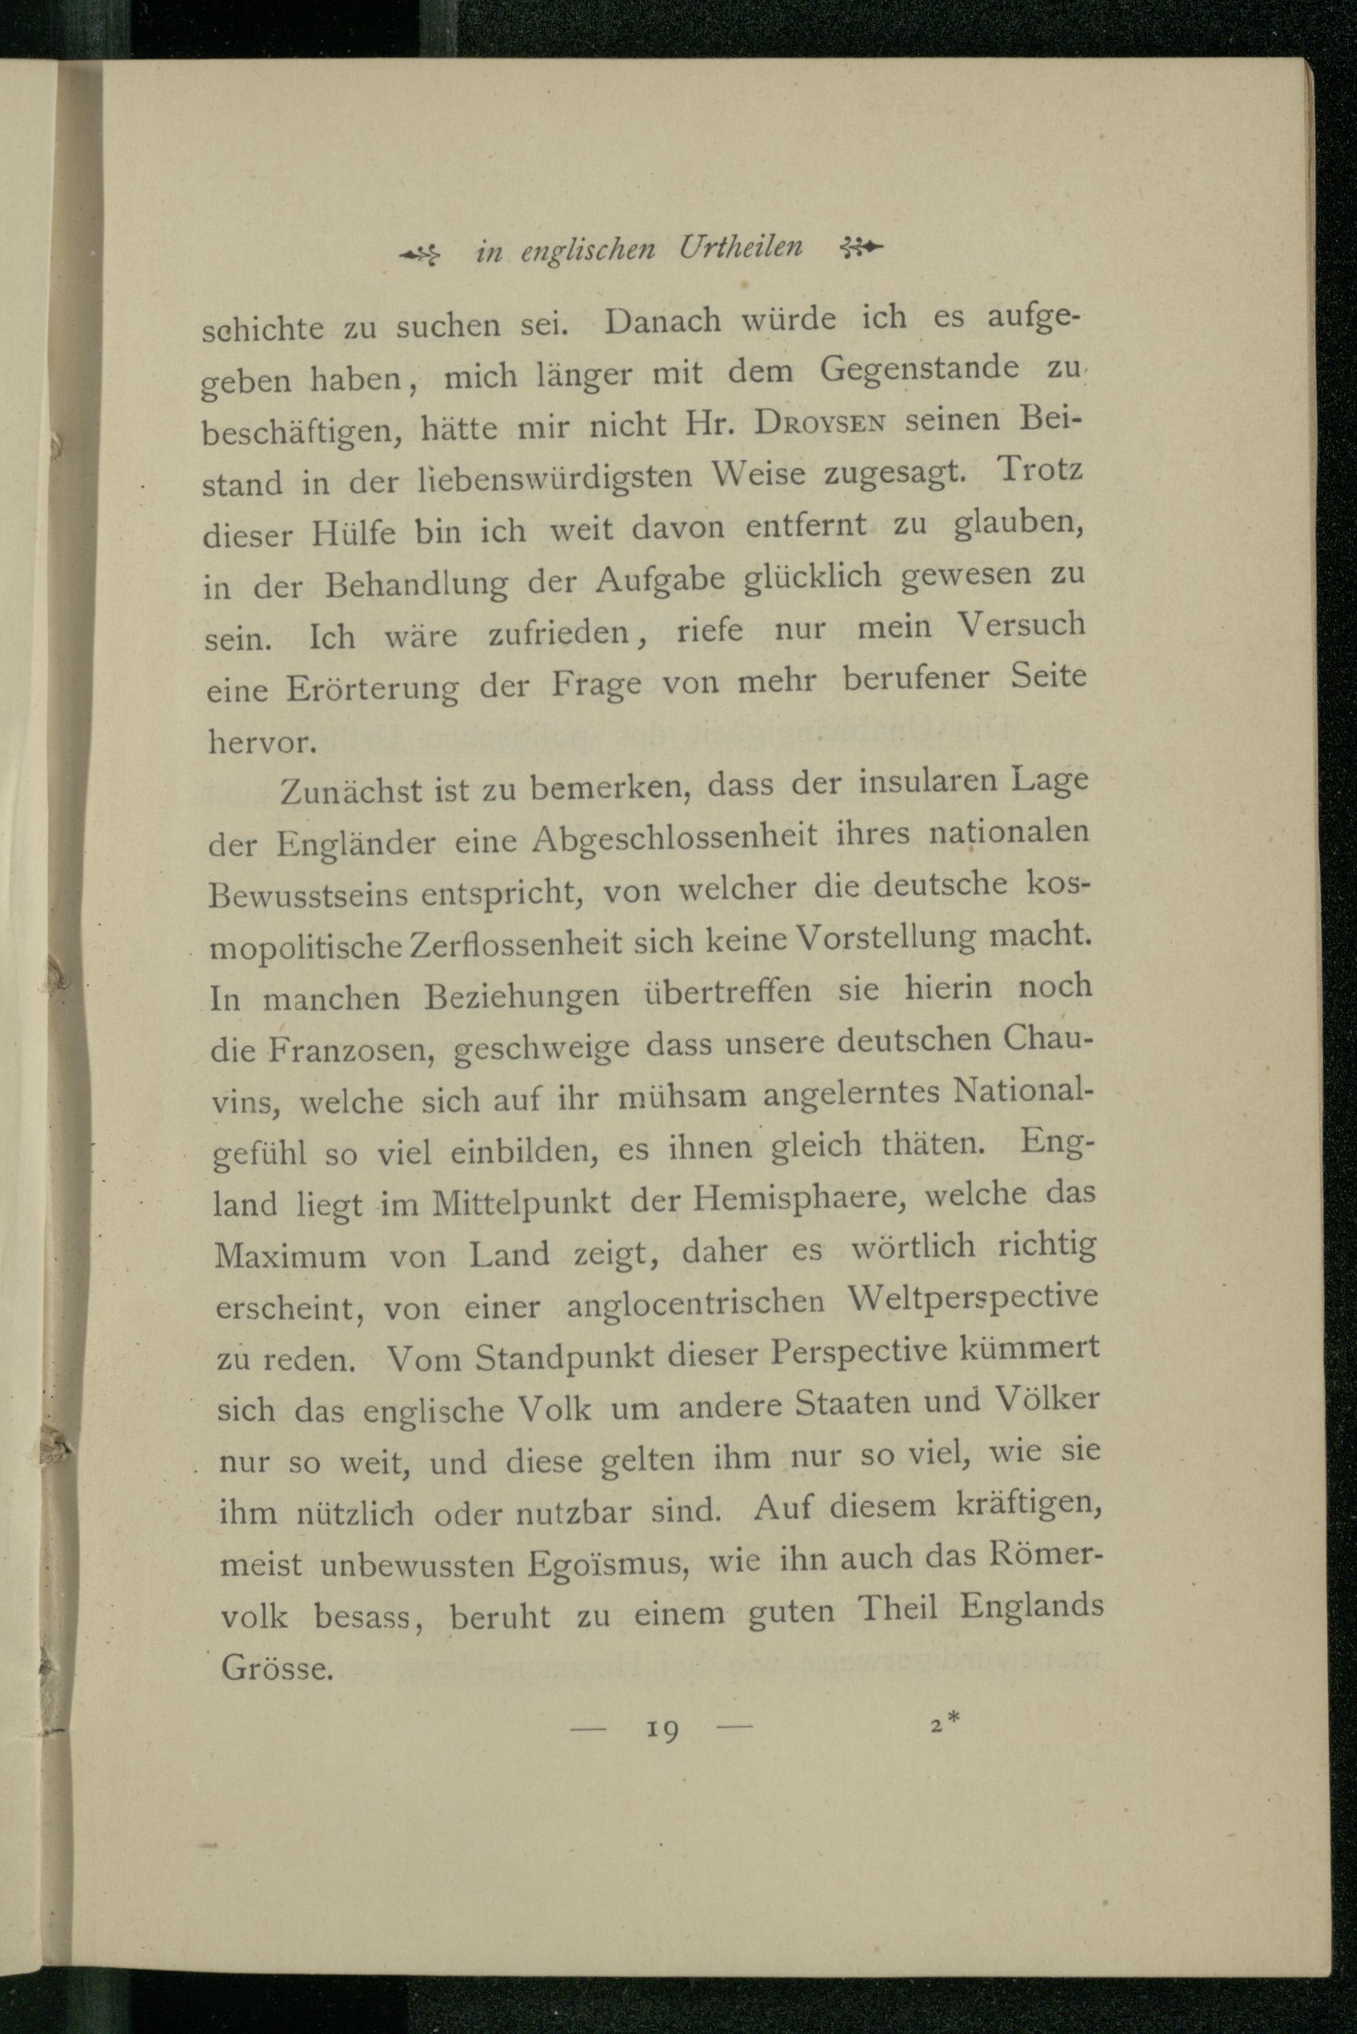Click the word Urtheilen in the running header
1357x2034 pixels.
741,248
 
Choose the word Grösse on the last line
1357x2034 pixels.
277,1668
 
